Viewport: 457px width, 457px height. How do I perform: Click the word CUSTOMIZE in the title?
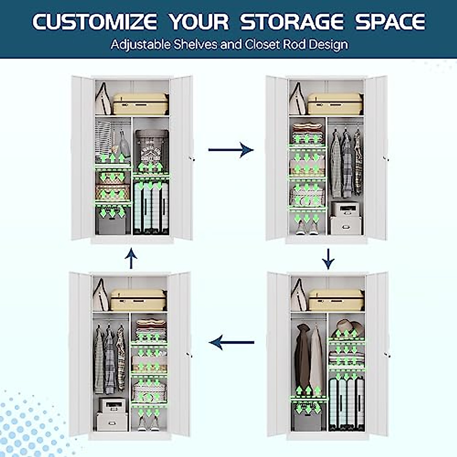click(94, 22)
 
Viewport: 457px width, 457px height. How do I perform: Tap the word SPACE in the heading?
click(390, 22)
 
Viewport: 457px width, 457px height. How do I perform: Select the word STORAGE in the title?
click(292, 22)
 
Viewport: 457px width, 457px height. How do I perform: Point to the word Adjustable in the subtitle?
click(141, 45)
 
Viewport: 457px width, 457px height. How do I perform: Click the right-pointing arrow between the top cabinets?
click(231, 149)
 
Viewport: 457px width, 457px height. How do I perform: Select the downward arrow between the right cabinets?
click(328, 259)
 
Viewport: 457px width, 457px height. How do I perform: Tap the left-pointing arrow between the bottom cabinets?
click(232, 342)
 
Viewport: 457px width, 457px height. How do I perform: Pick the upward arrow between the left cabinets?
click(131, 258)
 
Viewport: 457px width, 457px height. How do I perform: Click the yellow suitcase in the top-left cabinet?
click(141, 104)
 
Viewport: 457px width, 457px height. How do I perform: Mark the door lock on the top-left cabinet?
click(193, 159)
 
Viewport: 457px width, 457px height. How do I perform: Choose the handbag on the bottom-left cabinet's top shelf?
click(101, 295)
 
